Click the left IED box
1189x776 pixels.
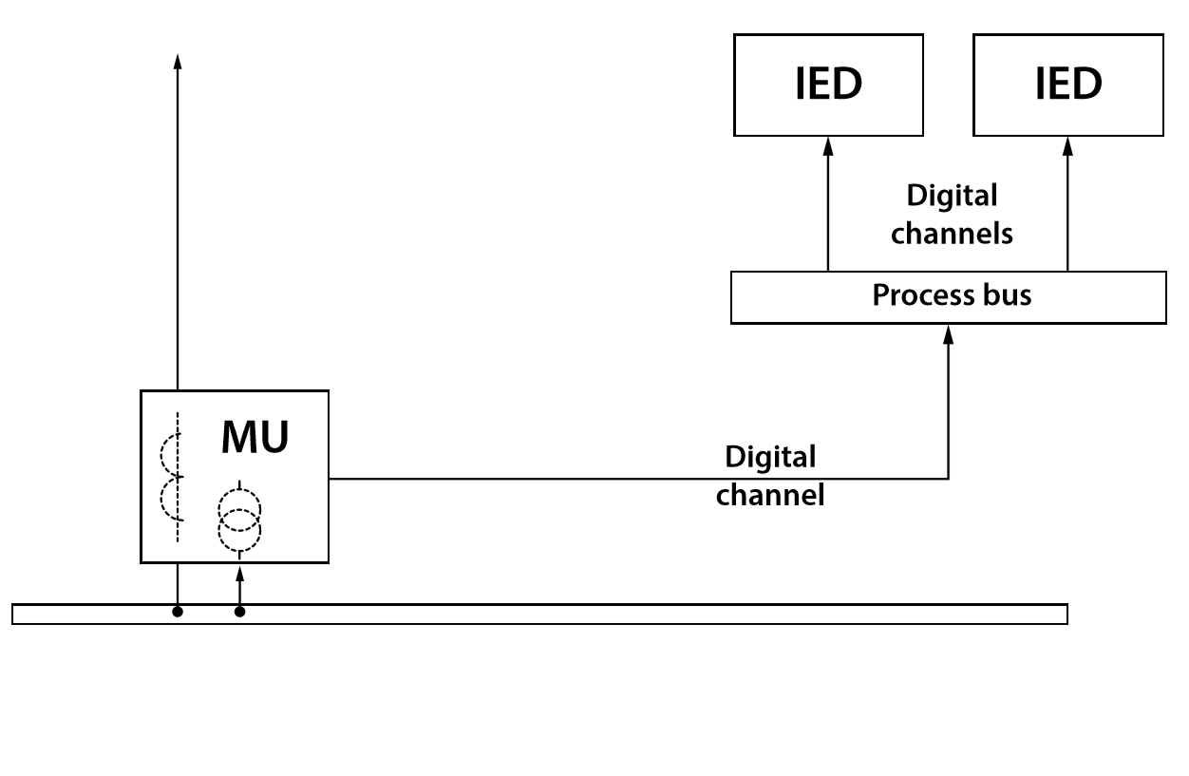coord(828,85)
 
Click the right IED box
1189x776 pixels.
coord(1067,85)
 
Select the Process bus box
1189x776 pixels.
coord(948,297)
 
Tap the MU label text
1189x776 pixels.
coord(255,437)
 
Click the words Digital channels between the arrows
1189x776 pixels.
coord(952,215)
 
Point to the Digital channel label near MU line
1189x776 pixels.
coord(769,476)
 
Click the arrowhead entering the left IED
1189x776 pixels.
coord(828,144)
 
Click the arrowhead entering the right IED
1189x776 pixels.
coord(1067,144)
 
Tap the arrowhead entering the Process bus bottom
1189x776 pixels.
coord(948,332)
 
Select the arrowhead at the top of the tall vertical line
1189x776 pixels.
coord(177,62)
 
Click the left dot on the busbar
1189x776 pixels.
coord(177,612)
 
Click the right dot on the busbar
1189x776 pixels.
coord(239,612)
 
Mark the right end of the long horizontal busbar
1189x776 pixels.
coord(1066,614)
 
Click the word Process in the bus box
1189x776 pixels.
coord(915,295)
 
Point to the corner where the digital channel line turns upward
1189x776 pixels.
coord(948,478)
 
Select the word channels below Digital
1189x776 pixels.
coord(952,233)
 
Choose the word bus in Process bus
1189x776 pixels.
coord(1009,295)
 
